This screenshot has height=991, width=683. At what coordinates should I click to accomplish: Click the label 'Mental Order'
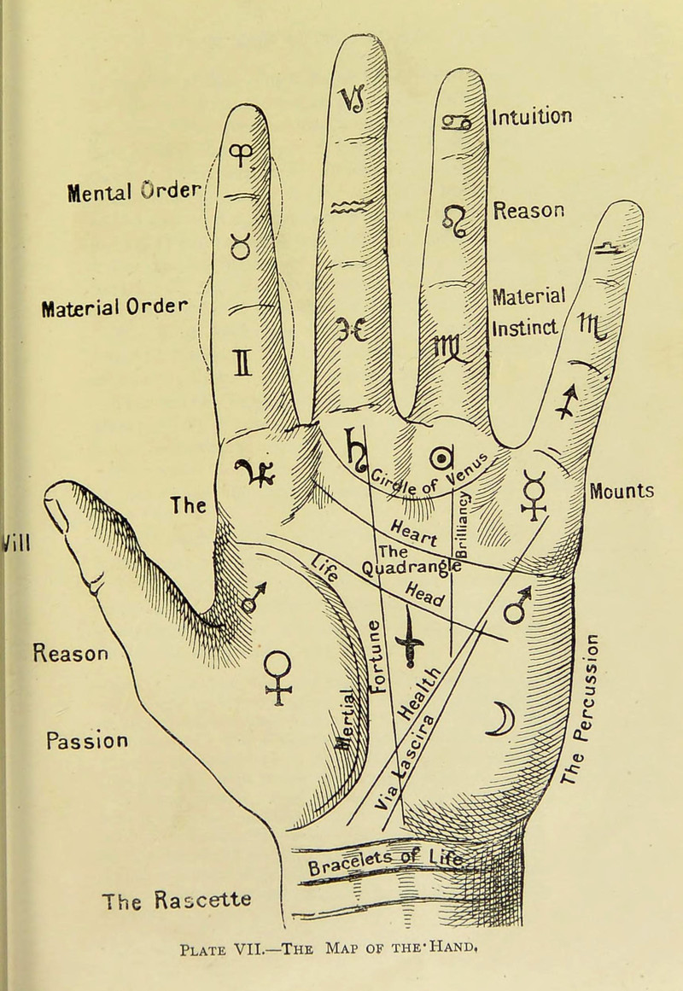point(133,187)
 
